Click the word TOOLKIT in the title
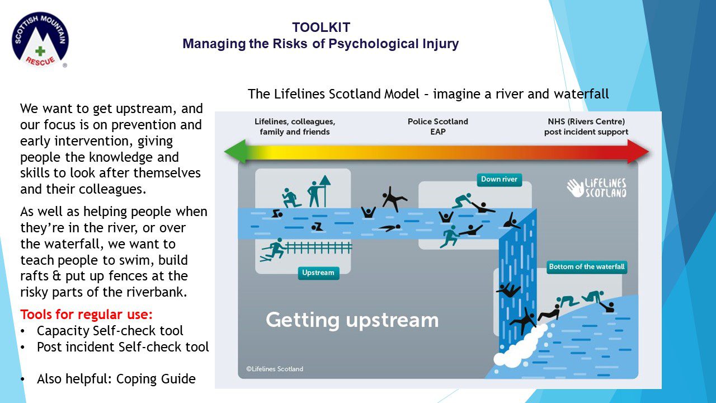point(321,27)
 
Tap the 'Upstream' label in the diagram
point(318,273)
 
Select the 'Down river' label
point(499,180)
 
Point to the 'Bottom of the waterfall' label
point(586,266)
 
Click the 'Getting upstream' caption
point(352,320)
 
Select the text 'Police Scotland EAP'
point(437,126)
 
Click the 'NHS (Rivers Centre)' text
point(586,121)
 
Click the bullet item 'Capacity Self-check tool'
point(110,330)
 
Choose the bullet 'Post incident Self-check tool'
point(123,347)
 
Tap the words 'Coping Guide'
point(166,379)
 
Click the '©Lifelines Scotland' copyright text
point(275,369)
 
